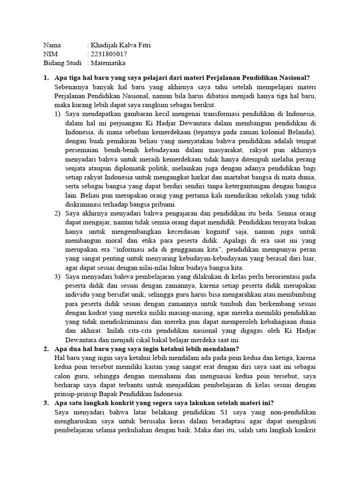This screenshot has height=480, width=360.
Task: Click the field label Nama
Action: (52, 45)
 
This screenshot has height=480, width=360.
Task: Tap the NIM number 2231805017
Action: (109, 54)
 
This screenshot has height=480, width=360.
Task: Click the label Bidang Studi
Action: (62, 63)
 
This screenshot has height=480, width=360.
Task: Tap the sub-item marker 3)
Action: (58, 277)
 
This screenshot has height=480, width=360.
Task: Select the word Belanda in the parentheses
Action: (303, 132)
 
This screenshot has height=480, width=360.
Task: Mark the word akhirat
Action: (89, 330)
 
